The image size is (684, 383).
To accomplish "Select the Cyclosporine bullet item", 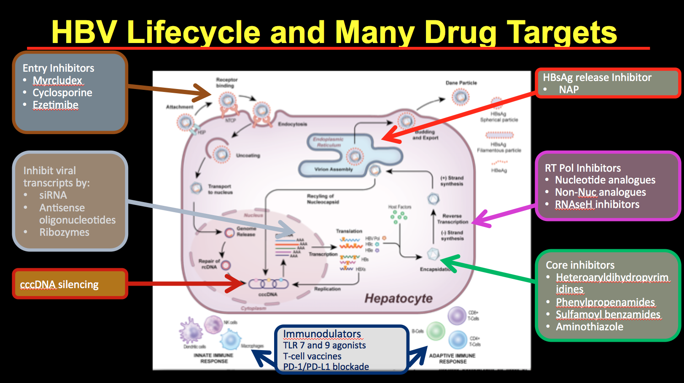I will (x=62, y=92).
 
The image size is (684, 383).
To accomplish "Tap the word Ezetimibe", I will (x=56, y=105).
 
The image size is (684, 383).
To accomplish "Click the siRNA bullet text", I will (x=53, y=195).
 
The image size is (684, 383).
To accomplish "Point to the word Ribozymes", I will (x=64, y=232).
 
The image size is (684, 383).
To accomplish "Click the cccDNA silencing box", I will (x=70, y=284).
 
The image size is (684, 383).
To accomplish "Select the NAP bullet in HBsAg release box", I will (x=568, y=89).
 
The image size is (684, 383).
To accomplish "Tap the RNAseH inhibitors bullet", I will (x=597, y=205).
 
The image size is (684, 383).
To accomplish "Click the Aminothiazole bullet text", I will (x=589, y=327).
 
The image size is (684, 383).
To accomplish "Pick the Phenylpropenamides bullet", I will (x=605, y=302).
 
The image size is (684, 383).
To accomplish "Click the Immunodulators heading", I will (x=322, y=334).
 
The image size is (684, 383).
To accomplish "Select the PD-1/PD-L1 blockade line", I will (x=326, y=367).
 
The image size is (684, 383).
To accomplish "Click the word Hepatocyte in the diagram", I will (x=399, y=299).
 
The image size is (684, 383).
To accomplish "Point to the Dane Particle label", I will (x=461, y=83).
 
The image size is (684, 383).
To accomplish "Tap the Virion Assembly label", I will (x=333, y=169).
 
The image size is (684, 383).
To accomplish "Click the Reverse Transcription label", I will (x=452, y=218).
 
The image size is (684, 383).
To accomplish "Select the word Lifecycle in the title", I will (x=194, y=32).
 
